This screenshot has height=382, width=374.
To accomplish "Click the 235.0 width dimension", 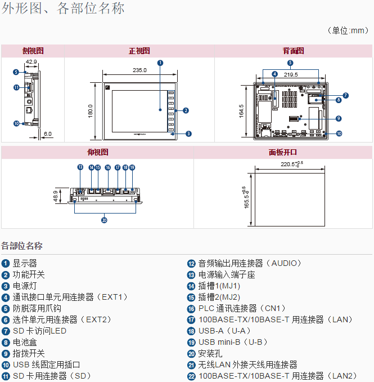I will click(x=139, y=70).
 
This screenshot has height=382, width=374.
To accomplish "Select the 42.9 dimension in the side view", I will click(x=31, y=61).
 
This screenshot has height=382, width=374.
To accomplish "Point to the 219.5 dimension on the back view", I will click(x=291, y=74).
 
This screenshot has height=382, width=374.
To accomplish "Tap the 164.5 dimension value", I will click(x=241, y=111).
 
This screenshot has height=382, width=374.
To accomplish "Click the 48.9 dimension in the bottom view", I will click(x=56, y=195).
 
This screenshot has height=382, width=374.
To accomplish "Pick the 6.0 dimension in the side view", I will click(x=47, y=134).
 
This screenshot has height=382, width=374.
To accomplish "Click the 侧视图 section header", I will click(x=33, y=51).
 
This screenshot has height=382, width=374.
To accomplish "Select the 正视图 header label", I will click(x=139, y=51).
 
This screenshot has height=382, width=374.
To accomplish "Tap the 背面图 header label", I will click(x=293, y=51).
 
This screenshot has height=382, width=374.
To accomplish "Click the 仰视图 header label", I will click(x=98, y=152).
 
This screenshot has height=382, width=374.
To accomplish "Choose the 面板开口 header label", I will click(x=283, y=152).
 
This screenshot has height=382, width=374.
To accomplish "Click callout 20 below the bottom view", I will click(x=104, y=220).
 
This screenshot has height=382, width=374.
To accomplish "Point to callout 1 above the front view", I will click(x=160, y=63).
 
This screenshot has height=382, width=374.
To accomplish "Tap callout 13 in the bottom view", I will click(x=80, y=167).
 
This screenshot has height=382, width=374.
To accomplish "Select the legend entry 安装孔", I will click(x=209, y=353).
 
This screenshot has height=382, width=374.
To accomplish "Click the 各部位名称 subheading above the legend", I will click(x=22, y=246).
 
